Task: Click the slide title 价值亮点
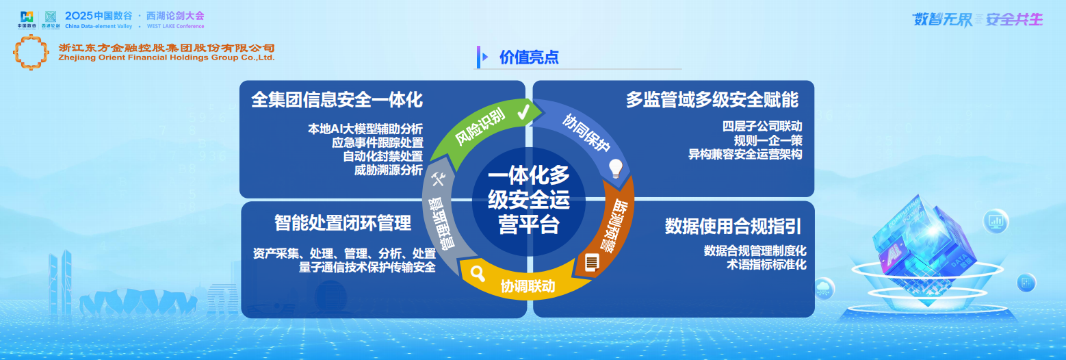(529, 57)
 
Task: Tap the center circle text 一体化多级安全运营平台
(528, 200)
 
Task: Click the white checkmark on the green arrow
(523, 112)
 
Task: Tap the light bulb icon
(616, 167)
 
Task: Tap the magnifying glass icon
(478, 274)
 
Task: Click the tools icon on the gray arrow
(439, 179)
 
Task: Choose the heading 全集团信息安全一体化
(337, 100)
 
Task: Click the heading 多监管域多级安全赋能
(712, 100)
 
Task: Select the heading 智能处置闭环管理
(343, 222)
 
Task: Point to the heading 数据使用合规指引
(733, 227)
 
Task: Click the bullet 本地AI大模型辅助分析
(365, 129)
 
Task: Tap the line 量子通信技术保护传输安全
(367, 268)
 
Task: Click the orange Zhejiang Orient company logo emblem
(31, 52)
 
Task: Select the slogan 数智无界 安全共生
(978, 19)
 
